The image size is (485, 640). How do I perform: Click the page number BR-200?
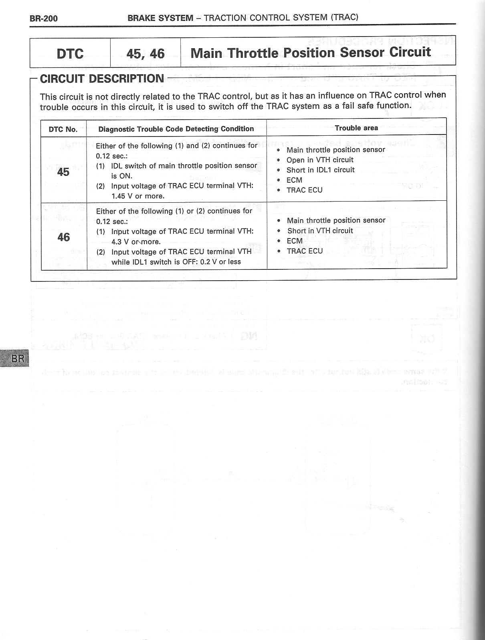click(x=44, y=18)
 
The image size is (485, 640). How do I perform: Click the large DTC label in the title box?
click(x=70, y=53)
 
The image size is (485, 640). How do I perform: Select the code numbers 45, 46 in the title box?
click(x=145, y=53)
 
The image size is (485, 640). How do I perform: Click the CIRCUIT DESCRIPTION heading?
click(x=102, y=79)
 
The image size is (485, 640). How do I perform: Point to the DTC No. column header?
click(x=63, y=129)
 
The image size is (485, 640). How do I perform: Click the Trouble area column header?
click(x=356, y=128)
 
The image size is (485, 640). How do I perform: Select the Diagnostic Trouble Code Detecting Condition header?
click(x=176, y=129)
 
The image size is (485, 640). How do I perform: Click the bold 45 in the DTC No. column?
click(x=63, y=172)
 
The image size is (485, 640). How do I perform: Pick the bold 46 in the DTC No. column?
click(x=64, y=237)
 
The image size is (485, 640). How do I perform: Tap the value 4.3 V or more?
click(x=136, y=242)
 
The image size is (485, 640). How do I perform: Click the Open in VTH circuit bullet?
click(x=320, y=160)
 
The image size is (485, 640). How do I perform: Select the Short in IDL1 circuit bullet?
click(x=320, y=170)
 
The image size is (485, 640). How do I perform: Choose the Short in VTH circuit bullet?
click(x=320, y=231)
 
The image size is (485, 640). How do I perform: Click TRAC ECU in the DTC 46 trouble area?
click(x=305, y=251)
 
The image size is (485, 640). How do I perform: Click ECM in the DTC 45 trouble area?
click(x=294, y=180)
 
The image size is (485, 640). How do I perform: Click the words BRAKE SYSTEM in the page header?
click(x=160, y=18)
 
